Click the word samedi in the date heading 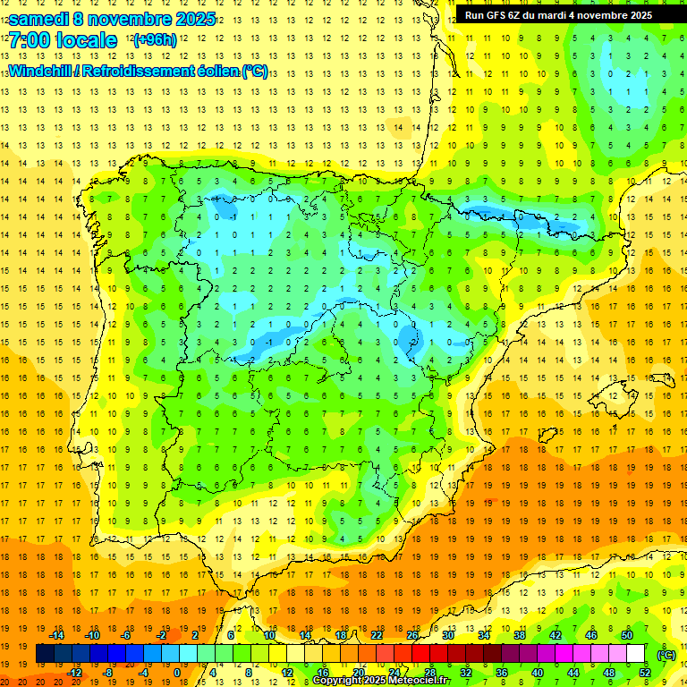click(x=39, y=19)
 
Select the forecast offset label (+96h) click(x=155, y=40)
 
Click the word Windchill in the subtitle click(x=39, y=71)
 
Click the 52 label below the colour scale click(x=645, y=673)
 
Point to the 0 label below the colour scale click(x=177, y=673)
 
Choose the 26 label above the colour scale click(x=412, y=635)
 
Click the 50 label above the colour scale click(x=627, y=635)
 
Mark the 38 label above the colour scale click(x=520, y=635)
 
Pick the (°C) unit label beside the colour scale click(x=666, y=654)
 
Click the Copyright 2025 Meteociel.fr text click(x=380, y=681)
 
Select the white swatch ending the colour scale click(x=635, y=654)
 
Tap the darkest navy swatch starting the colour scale click(x=45, y=654)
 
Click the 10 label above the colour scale click(x=269, y=635)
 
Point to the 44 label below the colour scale click(x=573, y=673)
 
